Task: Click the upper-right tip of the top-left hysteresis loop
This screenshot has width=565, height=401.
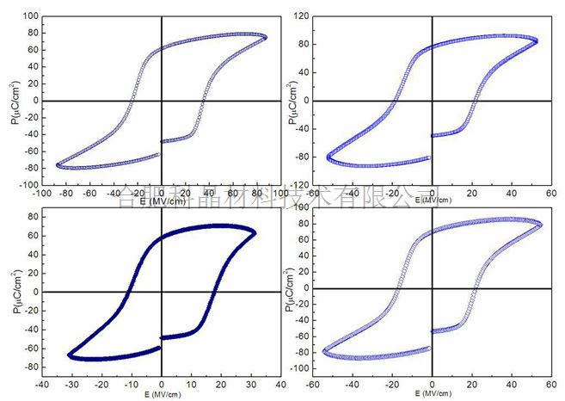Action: (265, 37)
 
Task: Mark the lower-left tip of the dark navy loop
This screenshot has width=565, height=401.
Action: (70, 355)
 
